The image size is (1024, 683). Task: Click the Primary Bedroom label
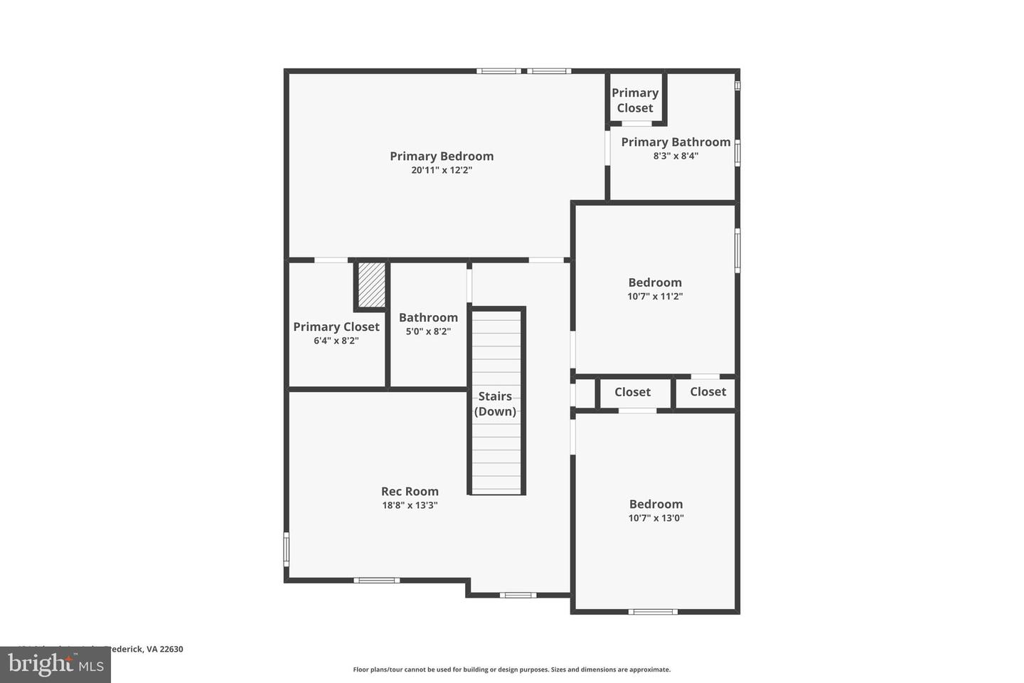(x=441, y=156)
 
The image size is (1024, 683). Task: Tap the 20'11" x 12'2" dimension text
(x=441, y=171)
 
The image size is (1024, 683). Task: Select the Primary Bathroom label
(x=676, y=142)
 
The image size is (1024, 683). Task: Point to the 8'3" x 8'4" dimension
(x=676, y=156)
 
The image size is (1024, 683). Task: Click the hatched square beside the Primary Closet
(x=370, y=285)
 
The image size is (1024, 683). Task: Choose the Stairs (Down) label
(x=495, y=403)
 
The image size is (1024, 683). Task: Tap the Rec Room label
(x=410, y=491)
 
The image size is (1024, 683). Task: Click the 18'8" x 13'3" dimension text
(x=410, y=506)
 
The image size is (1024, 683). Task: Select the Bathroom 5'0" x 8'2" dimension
(x=428, y=332)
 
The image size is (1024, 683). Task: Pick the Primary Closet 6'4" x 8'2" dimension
(x=336, y=341)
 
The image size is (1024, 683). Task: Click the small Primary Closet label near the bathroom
(x=635, y=100)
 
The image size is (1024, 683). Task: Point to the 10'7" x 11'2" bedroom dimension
(x=655, y=297)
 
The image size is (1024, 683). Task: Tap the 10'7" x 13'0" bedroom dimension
(x=656, y=519)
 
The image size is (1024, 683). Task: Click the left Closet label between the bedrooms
(x=632, y=392)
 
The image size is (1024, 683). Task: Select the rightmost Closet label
(x=708, y=392)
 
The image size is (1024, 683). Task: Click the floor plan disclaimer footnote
(x=511, y=669)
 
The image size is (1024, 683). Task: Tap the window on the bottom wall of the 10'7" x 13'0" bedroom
(x=653, y=611)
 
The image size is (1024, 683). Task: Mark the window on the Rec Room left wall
(x=287, y=549)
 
